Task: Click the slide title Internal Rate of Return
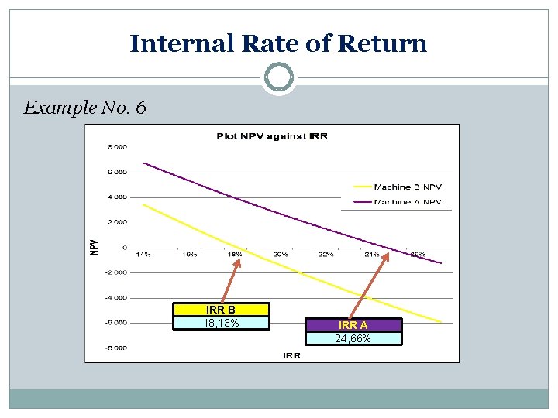point(278,43)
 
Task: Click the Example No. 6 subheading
point(84,108)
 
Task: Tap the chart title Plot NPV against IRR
point(271,136)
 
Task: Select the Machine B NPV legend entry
point(407,187)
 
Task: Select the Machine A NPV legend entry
point(407,202)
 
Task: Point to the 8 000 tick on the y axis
point(117,146)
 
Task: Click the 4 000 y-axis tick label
point(117,197)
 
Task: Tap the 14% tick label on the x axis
point(143,254)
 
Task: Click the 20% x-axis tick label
point(281,254)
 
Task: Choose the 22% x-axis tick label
point(326,254)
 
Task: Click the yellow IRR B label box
point(221,310)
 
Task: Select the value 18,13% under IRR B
point(221,323)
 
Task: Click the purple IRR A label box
point(353,325)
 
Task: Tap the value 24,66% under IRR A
point(353,338)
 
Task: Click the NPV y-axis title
point(94,247)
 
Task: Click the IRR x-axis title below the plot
point(291,355)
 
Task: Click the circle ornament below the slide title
point(278,78)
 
